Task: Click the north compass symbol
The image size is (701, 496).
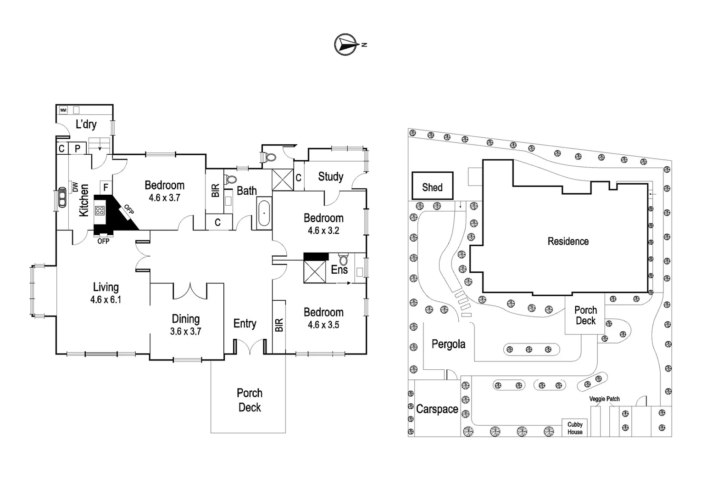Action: click(x=346, y=45)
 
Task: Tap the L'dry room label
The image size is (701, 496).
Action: click(x=86, y=124)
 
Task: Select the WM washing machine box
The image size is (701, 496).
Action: click(x=63, y=110)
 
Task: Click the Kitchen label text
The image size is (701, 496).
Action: click(x=83, y=200)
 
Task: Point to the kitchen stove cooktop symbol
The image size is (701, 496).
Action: click(x=100, y=211)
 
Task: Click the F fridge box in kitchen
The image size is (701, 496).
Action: click(x=106, y=187)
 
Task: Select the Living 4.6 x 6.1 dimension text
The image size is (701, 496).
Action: click(x=106, y=300)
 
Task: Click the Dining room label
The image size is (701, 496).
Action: click(x=185, y=319)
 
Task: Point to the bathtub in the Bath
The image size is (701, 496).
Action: click(x=263, y=213)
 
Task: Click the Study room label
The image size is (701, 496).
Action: click(x=330, y=176)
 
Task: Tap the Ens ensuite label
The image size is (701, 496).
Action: click(x=339, y=270)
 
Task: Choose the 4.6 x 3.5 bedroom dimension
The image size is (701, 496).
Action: click(x=323, y=325)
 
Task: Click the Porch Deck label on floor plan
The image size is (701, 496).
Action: click(x=249, y=400)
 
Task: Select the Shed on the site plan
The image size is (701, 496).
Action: click(x=432, y=186)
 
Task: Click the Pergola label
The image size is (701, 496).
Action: click(x=448, y=344)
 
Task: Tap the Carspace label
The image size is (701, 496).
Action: click(x=437, y=409)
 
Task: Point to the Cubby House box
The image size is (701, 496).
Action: click(x=575, y=428)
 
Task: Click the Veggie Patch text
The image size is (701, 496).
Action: click(x=604, y=399)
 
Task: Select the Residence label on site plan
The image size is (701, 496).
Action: click(x=568, y=241)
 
